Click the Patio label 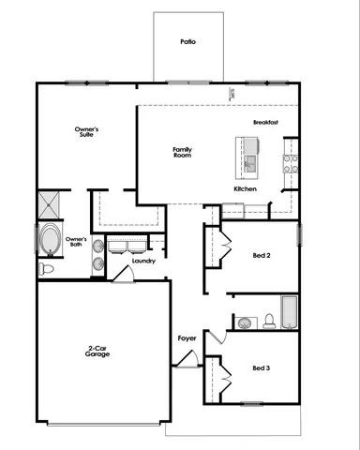[188, 42]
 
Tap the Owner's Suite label [88, 131]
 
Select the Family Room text [183, 152]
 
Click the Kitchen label [246, 189]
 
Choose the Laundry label [143, 261]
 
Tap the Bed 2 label [263, 255]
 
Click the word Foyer [187, 337]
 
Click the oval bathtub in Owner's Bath [50, 241]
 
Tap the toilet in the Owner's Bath [47, 269]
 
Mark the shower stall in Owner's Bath [51, 203]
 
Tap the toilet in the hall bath [269, 322]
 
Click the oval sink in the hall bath [245, 322]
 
